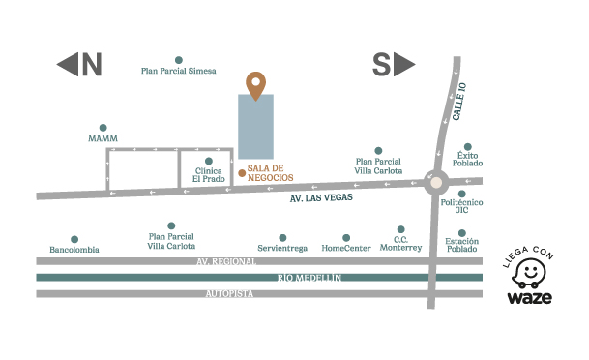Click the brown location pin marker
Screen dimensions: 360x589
[x=255, y=85]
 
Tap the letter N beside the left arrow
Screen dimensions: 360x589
[x=91, y=65]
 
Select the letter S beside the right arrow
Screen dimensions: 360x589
[x=382, y=65]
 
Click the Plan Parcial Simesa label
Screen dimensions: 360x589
[x=178, y=71]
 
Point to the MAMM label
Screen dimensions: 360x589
[x=103, y=139]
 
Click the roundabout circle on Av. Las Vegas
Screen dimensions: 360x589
[x=436, y=181]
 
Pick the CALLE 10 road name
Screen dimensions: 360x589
[x=461, y=102]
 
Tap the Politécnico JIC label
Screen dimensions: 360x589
[x=461, y=205]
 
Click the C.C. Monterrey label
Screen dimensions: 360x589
[x=401, y=243]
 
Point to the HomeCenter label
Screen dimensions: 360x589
[x=346, y=248]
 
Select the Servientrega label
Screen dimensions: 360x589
[x=282, y=248]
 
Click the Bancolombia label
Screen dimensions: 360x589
[x=74, y=249]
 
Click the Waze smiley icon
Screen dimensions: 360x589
[x=529, y=276]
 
